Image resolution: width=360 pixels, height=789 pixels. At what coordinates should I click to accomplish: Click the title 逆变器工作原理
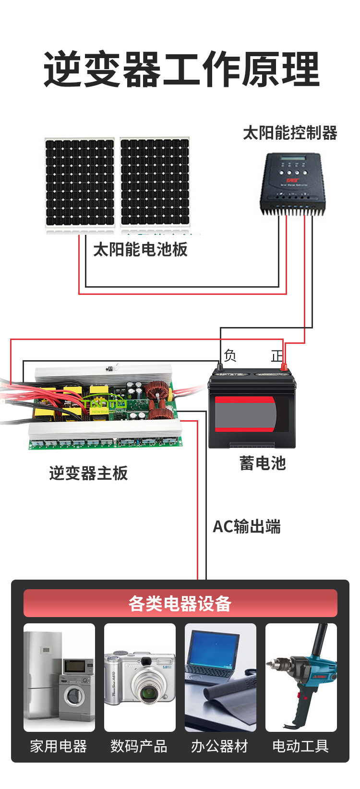tap(181, 69)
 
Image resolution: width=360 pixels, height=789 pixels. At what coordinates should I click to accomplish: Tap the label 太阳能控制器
tap(290, 133)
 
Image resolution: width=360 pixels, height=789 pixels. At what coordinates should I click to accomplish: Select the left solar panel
tap(80, 182)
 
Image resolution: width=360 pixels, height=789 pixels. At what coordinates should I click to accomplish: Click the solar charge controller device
tap(292, 184)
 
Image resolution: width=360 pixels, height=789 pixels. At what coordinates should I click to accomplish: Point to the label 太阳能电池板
tap(140, 249)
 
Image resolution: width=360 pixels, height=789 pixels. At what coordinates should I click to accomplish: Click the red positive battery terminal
tap(284, 367)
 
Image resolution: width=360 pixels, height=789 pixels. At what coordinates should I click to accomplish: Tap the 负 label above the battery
tap(230, 355)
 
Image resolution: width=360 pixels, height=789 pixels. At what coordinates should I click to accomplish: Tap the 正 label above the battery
tap(277, 356)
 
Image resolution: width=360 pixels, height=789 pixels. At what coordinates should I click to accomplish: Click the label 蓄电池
tap(263, 463)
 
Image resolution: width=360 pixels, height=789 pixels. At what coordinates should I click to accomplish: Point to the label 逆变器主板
tap(88, 473)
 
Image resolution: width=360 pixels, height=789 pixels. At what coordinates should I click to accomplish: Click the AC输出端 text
tap(247, 527)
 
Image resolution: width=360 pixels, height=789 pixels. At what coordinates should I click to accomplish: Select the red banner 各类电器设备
tap(180, 603)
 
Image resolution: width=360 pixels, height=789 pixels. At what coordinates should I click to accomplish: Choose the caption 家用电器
tap(59, 746)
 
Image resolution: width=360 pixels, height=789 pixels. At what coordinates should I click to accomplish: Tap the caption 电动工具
tap(300, 746)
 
